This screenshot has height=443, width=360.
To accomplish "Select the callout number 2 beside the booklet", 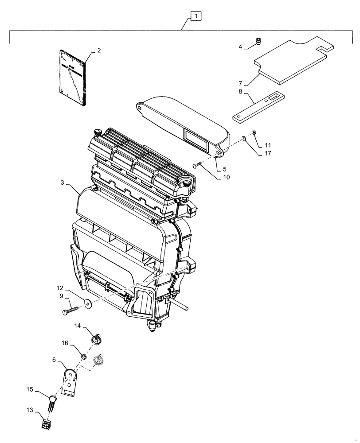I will [x=99, y=51].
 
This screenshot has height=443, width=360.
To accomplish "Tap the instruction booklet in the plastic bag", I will [x=71, y=78].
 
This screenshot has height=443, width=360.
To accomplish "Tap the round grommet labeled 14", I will [x=94, y=340].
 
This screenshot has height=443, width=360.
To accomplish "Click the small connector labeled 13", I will [x=46, y=425].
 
